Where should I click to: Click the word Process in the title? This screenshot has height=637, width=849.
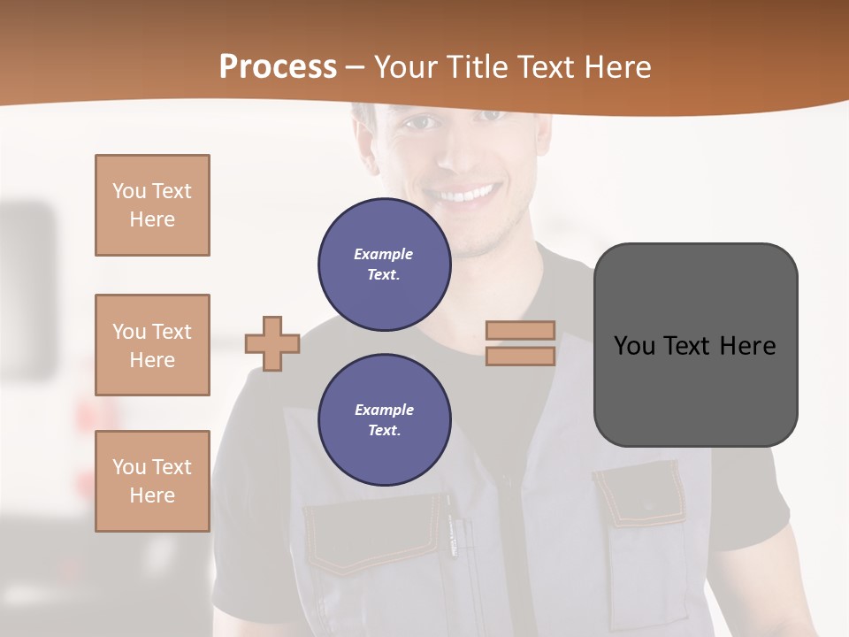pos(278,67)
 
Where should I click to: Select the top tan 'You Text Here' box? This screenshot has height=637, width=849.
pos(152,205)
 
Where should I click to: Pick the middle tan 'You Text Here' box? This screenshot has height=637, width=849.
pos(152,345)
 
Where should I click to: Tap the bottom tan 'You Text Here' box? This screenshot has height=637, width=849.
pos(152,480)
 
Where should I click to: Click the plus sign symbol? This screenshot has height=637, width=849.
pos(272,343)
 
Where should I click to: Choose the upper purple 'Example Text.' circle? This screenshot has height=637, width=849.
pos(385,265)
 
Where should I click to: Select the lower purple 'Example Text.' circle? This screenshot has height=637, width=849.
pos(385,420)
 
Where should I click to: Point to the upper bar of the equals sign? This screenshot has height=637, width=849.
pos(520,330)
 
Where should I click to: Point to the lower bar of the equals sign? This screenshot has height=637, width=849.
pos(520,356)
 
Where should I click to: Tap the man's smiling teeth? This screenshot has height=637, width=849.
pos(467,194)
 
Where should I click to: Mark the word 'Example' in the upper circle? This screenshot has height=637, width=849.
pos(383,254)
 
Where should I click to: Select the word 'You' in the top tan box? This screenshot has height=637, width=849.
pos(129,191)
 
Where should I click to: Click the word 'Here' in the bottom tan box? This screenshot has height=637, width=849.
pos(152,495)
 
